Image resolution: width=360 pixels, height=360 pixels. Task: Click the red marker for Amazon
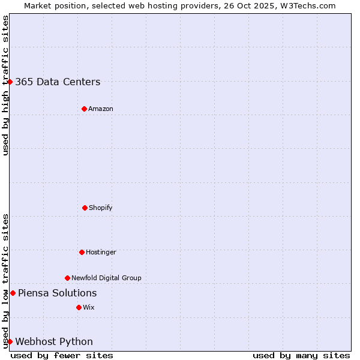tap(84, 109)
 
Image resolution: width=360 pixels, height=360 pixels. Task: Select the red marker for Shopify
tap(85, 208)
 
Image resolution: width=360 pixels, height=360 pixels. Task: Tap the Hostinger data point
tap(82, 252)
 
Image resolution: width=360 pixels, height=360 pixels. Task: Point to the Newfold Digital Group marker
tap(67, 278)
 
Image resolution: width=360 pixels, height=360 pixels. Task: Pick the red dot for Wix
tap(79, 307)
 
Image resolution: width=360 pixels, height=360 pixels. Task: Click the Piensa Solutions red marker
tap(13, 293)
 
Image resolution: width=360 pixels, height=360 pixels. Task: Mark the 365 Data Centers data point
tap(10, 82)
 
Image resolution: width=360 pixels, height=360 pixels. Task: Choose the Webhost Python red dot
tap(10, 341)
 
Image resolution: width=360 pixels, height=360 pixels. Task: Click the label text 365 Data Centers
tap(58, 82)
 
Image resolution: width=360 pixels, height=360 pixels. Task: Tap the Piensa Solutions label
tap(57, 293)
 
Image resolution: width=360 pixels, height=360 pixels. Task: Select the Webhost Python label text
tap(54, 342)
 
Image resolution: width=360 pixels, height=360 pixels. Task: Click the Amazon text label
tap(101, 109)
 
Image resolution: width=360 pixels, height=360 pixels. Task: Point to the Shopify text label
tap(101, 208)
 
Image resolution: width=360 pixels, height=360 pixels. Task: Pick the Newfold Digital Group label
tap(106, 278)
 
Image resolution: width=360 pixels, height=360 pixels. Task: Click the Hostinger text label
tap(101, 252)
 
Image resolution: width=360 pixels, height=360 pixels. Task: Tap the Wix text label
tap(89, 307)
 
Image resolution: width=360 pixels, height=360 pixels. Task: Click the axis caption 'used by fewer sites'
tap(62, 355)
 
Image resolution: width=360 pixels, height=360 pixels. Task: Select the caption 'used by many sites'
tap(301, 355)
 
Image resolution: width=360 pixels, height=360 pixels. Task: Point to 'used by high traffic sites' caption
tap(5, 85)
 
